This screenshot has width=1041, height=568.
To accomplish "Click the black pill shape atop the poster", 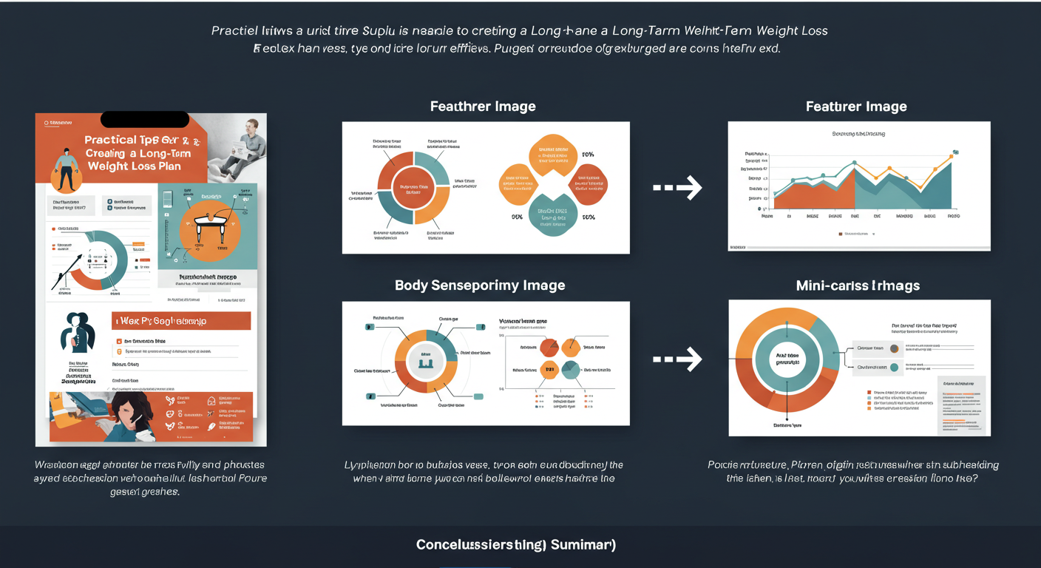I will click(x=145, y=119).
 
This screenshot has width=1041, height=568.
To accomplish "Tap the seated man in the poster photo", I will click(x=248, y=141).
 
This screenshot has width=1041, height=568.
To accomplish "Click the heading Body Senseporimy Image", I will click(x=480, y=285).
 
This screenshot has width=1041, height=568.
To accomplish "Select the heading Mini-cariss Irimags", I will click(x=858, y=285).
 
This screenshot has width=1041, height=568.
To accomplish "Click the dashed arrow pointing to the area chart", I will click(x=677, y=187).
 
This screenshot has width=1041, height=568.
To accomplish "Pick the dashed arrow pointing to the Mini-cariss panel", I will click(x=677, y=359).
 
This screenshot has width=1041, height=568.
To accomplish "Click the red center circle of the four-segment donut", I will click(x=413, y=187).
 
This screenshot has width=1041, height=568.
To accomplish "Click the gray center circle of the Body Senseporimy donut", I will click(x=425, y=360).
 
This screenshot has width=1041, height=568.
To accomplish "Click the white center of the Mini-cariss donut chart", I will click(x=788, y=359).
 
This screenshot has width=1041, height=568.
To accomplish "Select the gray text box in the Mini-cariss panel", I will click(x=961, y=405).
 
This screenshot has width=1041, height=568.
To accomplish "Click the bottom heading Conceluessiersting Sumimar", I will click(x=516, y=545).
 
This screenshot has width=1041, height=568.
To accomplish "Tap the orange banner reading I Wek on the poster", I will click(x=181, y=321).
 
